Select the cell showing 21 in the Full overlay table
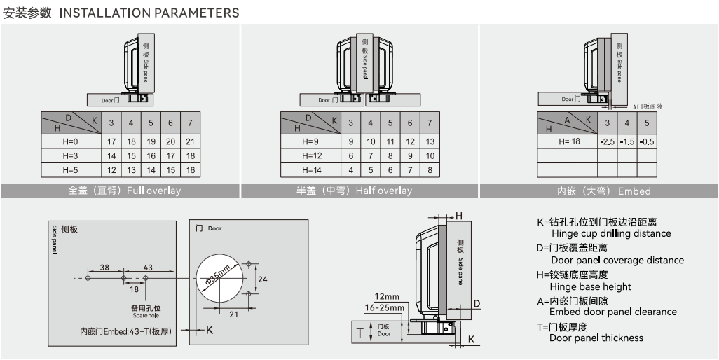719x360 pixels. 190,141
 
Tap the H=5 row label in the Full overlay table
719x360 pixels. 70,170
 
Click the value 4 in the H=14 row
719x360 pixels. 351,170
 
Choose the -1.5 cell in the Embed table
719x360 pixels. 626,142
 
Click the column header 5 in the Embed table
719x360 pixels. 647,123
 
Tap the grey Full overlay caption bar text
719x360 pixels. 124,191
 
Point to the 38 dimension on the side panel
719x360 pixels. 104,268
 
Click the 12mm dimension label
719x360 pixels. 388,296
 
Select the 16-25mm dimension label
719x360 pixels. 384,307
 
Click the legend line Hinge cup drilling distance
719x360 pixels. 611,233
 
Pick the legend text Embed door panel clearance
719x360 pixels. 613,312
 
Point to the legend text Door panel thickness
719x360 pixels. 596,338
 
